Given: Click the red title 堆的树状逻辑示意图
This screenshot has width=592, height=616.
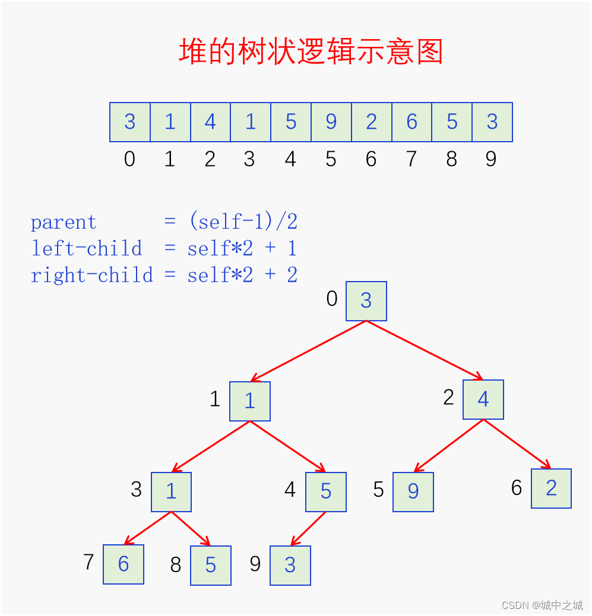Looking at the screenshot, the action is [311, 52].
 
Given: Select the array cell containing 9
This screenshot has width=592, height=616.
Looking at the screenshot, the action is [331, 122].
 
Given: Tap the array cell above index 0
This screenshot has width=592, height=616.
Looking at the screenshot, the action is [130, 122].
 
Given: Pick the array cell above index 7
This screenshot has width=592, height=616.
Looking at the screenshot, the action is [412, 122].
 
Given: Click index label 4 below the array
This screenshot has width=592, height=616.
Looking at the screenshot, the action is [290, 159].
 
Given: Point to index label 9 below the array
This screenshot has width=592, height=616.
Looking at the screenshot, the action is [491, 159].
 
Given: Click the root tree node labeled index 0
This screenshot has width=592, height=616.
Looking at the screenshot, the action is [366, 301].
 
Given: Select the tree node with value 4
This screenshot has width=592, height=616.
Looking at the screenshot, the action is [483, 400].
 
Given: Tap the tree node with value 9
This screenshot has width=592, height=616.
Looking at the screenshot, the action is [413, 492].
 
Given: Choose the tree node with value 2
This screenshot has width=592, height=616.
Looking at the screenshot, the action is [551, 489].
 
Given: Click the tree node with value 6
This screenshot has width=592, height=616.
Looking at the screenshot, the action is [124, 564].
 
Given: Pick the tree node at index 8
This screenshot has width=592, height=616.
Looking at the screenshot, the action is [211, 566].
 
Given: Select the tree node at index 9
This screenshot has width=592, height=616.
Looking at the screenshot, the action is [290, 566].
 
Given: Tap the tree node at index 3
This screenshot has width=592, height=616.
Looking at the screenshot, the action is [172, 492].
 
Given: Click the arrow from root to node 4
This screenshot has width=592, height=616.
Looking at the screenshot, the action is [425, 350].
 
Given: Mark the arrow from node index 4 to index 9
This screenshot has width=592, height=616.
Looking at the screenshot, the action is [308, 528].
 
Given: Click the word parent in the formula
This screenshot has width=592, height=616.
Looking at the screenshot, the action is [63, 222].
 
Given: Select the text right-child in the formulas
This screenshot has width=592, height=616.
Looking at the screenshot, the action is [91, 275].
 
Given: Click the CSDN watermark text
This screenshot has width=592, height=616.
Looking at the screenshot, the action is [542, 605].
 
